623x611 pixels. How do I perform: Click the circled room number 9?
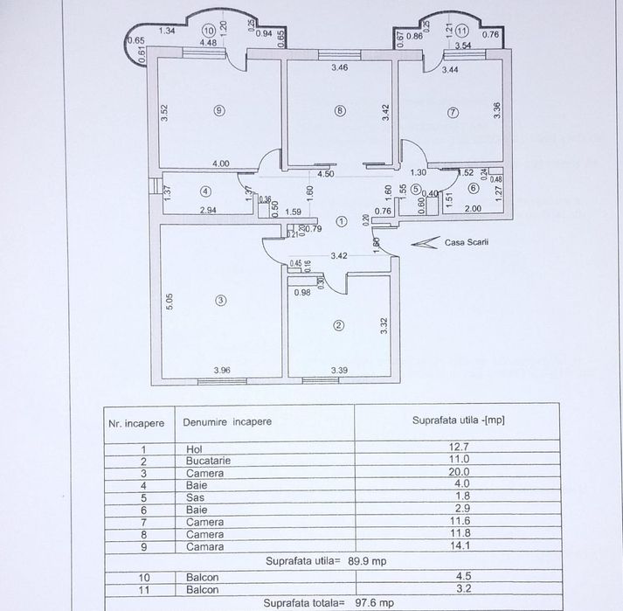click(x=219, y=110)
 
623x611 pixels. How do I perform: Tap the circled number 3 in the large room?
click(x=221, y=300)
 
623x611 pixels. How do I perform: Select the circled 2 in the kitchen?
click(x=339, y=325)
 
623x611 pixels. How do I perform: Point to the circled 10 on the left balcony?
click(x=208, y=31)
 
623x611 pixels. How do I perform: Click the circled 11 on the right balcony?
click(x=461, y=31)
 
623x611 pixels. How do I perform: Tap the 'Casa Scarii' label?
click(x=467, y=242)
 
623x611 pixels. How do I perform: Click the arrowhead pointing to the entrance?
click(x=426, y=242)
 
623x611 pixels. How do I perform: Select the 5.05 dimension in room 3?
click(x=170, y=302)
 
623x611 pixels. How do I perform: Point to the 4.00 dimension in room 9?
click(x=221, y=163)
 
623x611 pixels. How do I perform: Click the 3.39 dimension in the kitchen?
click(x=339, y=370)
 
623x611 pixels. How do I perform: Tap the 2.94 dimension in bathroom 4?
click(x=208, y=210)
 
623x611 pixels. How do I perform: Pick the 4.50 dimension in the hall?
click(x=325, y=174)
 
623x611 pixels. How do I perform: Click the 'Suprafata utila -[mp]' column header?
click(x=458, y=420)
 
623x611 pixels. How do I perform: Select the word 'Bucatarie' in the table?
click(x=208, y=461)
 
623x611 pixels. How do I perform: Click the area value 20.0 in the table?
click(x=460, y=472)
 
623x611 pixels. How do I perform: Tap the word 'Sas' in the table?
click(x=195, y=497)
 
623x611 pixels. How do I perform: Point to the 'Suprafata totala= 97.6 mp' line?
click(x=329, y=603)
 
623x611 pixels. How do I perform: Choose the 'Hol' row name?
click(x=194, y=449)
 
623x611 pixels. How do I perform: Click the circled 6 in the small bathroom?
click(x=474, y=188)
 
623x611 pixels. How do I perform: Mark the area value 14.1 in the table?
click(x=460, y=545)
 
